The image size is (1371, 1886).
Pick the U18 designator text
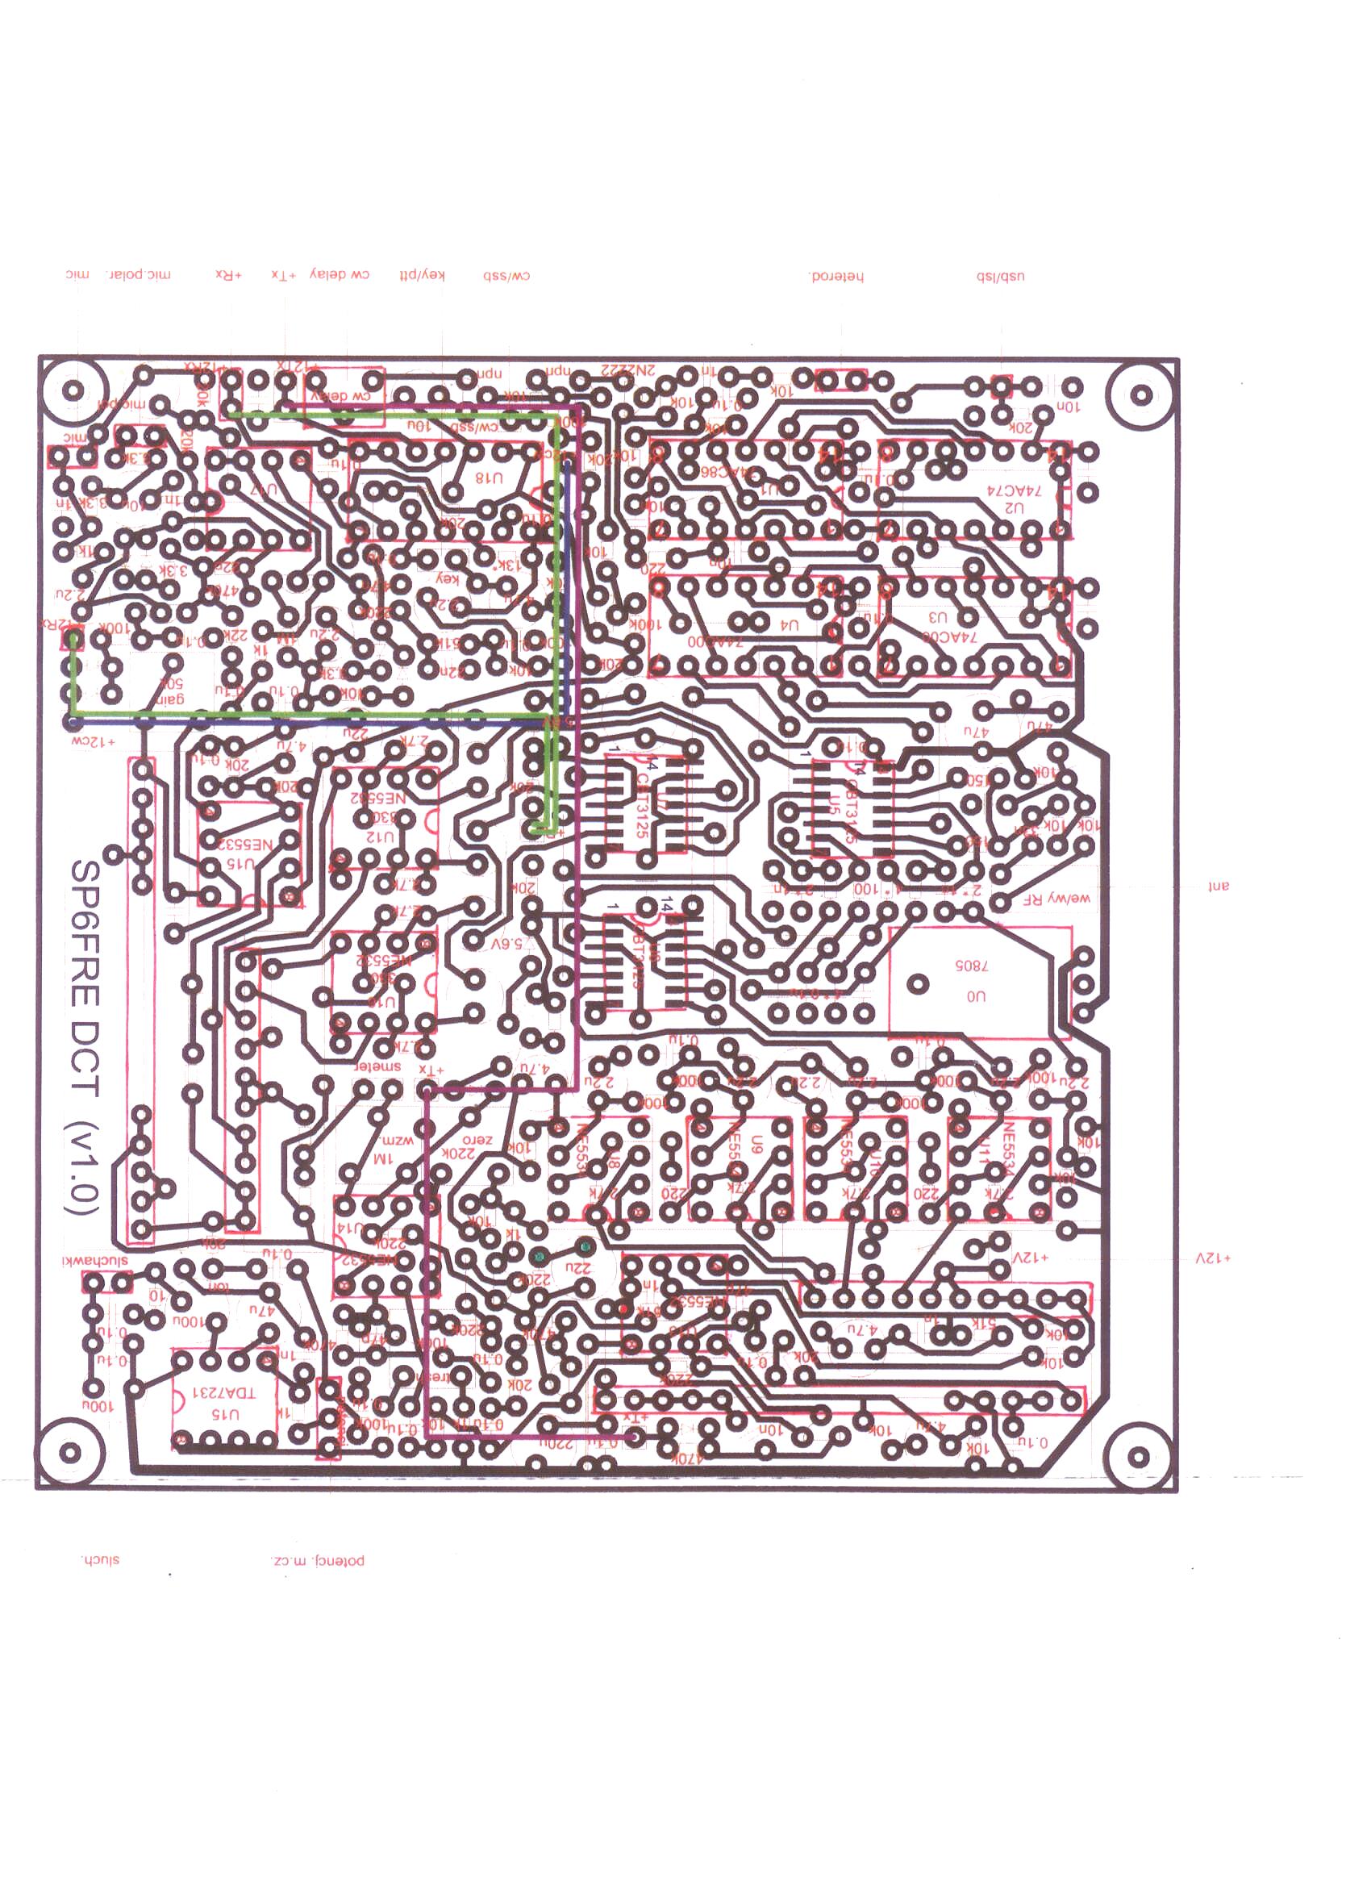click(x=489, y=478)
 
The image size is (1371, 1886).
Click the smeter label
click(x=378, y=1066)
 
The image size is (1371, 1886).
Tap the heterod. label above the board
click(x=836, y=276)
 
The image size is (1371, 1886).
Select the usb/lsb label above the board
click(x=1000, y=276)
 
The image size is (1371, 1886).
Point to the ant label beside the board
click(x=1218, y=886)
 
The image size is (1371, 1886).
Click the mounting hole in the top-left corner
click(x=73, y=390)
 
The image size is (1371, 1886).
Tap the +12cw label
click(x=93, y=739)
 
